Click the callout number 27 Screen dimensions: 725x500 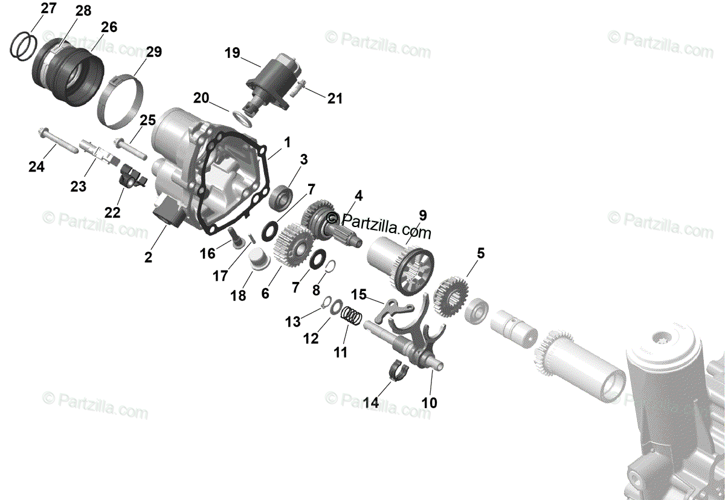49,8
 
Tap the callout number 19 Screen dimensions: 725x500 232,53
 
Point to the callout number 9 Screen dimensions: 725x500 422,214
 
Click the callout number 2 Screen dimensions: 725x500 148,257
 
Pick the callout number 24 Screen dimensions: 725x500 36,166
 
